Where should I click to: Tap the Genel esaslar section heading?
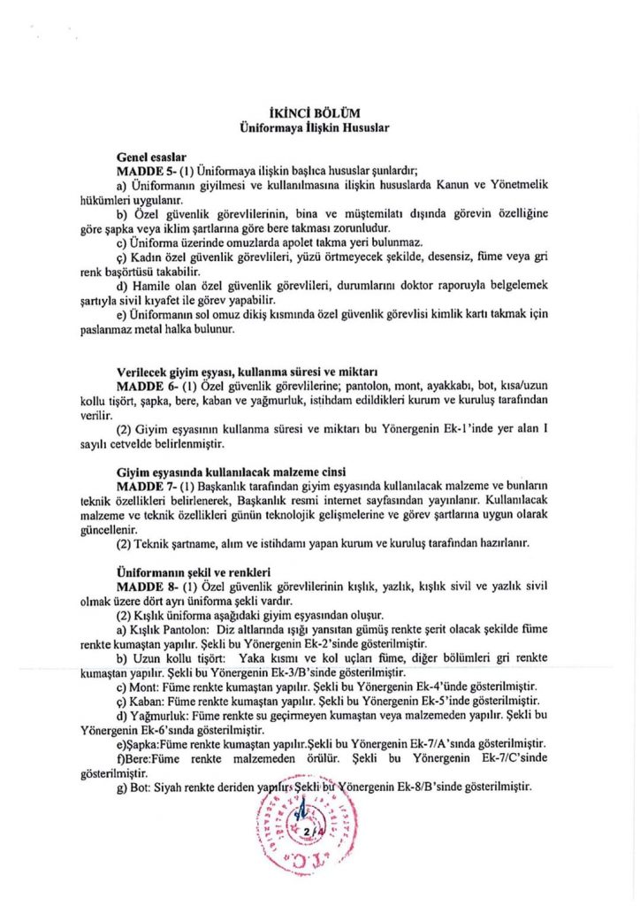click(150, 156)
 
